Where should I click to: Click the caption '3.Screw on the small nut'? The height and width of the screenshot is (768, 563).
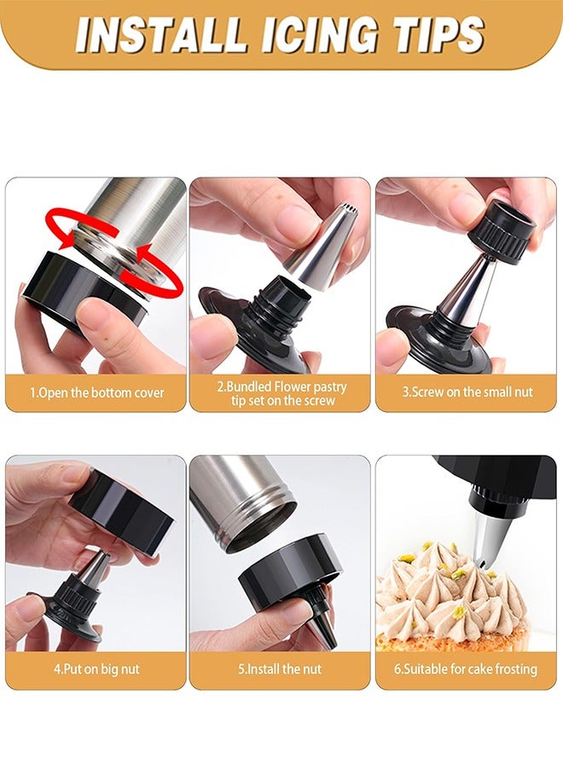coord(467,393)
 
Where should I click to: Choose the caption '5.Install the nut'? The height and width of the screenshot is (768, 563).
coord(280,670)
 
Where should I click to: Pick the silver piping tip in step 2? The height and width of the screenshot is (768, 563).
coord(322,243)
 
